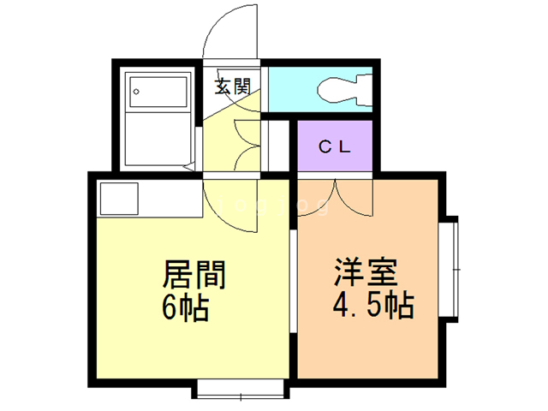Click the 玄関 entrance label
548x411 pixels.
coord(232,86)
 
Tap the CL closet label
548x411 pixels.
coord(335,146)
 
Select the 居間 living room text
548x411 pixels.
coord(194,274)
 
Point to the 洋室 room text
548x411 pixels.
coord(366,272)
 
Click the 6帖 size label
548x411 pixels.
coord(185,307)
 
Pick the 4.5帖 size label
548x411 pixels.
coord(373,305)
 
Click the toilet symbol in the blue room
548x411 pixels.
coord(344,90)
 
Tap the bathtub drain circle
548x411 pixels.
coord(136,92)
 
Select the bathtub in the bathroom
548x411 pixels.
coord(158,92)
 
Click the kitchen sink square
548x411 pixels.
coord(119,199)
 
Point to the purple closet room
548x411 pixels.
coord(335,146)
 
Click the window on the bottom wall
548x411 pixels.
coord(241,389)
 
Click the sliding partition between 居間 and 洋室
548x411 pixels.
coord(293,282)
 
